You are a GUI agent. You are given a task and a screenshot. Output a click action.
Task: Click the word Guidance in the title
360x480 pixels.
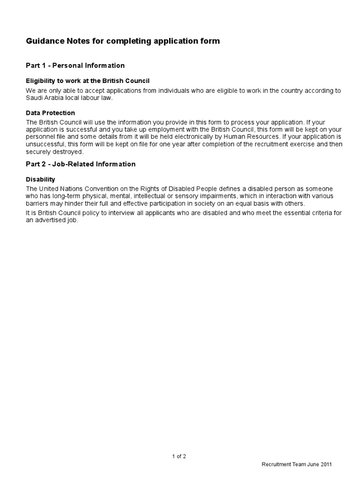43,42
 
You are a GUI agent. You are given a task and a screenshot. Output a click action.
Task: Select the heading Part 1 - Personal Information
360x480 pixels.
75,65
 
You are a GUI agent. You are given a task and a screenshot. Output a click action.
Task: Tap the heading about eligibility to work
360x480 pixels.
87,81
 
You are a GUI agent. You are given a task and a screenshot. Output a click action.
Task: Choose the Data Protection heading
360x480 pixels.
50,113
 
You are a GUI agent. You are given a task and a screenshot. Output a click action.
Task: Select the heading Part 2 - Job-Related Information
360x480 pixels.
80,164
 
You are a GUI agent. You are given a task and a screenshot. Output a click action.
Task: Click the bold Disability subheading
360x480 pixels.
40,180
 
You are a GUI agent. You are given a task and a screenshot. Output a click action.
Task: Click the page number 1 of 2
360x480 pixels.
180,456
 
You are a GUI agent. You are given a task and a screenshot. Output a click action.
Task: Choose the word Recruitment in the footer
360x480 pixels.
277,465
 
